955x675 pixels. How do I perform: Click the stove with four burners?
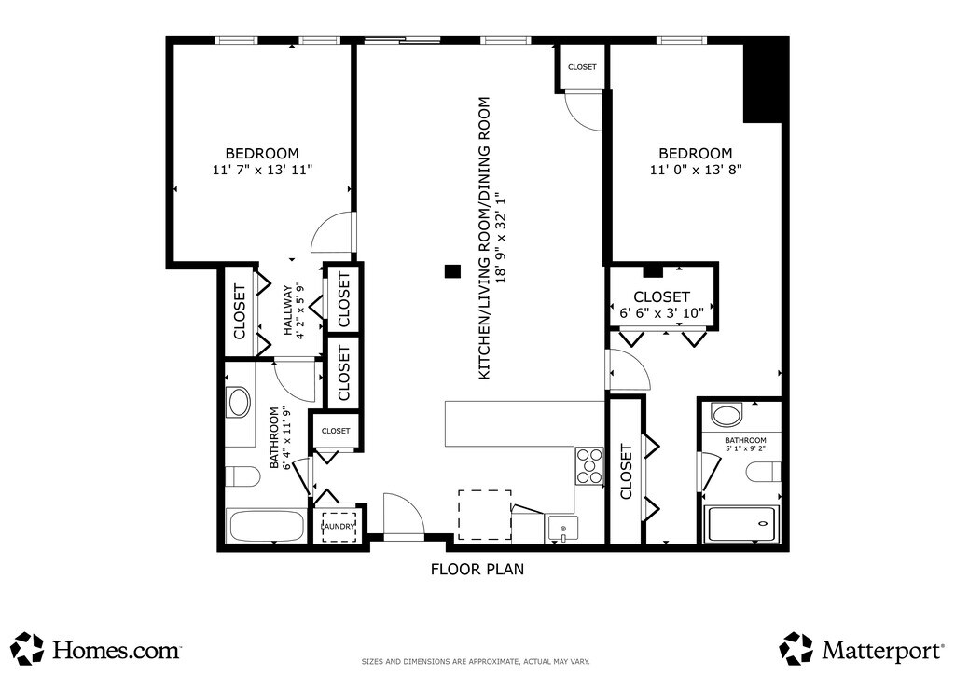[x=589, y=465]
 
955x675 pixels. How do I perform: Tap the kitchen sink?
[x=562, y=529]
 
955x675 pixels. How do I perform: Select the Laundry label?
[x=339, y=527]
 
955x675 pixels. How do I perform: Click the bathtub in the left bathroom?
[x=266, y=526]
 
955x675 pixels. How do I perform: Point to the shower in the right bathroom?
[x=741, y=524]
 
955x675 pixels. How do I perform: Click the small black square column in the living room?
[x=452, y=271]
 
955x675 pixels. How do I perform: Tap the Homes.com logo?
[x=97, y=650]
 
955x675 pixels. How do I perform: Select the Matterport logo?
[x=861, y=650]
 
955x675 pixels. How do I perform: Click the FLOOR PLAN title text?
[x=477, y=569]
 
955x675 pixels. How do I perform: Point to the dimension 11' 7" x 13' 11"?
[x=262, y=170]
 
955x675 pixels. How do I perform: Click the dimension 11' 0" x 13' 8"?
[x=696, y=170]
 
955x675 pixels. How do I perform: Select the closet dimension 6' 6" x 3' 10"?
[x=661, y=313]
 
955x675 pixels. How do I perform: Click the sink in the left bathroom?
[x=238, y=403]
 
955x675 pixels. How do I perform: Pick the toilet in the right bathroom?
[x=764, y=471]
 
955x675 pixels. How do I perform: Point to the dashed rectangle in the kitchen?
[x=485, y=515]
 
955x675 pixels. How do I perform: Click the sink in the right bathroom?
[x=727, y=417]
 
